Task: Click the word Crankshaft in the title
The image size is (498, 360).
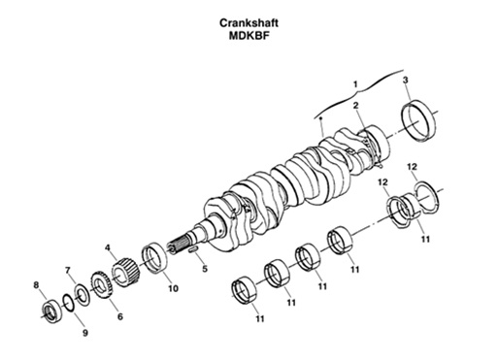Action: click(249, 18)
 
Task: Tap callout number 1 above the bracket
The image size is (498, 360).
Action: click(355, 83)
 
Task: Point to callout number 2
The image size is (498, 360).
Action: click(356, 105)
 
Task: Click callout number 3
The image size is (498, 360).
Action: click(405, 79)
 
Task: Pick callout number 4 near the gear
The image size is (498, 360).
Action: click(108, 248)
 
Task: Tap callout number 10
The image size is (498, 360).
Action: click(173, 288)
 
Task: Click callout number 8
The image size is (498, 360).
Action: click(36, 285)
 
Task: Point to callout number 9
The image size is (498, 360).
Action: click(84, 333)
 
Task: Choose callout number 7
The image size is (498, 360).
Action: click(68, 269)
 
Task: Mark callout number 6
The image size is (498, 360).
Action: click(119, 315)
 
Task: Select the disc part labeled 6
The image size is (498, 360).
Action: click(100, 286)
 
